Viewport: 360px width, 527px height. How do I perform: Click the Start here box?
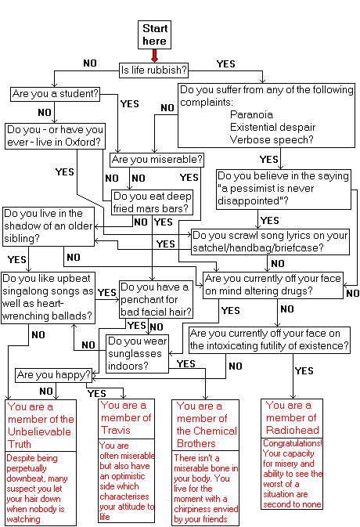pyautogui.click(x=154, y=34)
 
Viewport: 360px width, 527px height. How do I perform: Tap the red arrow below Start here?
pyautogui.click(x=154, y=56)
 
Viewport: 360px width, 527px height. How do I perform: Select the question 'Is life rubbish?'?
pyautogui.click(x=154, y=70)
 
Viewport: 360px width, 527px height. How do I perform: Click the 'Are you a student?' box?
pyautogui.click(x=56, y=94)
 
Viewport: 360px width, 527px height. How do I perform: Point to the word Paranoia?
pyautogui.click(x=251, y=114)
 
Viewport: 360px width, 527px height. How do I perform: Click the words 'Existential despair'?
pyautogui.click(x=272, y=127)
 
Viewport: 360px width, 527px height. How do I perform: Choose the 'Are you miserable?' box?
pyautogui.click(x=157, y=160)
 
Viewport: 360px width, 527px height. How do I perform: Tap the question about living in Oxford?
pyautogui.click(x=56, y=135)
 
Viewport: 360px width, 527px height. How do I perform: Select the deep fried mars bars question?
pyautogui.click(x=153, y=202)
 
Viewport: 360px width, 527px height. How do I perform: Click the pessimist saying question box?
pyautogui.click(x=283, y=190)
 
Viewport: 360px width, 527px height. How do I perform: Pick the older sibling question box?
pyautogui.click(x=49, y=226)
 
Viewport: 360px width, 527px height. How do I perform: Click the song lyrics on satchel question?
pyautogui.click(x=270, y=242)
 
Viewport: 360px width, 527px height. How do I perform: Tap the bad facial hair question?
pyautogui.click(x=157, y=299)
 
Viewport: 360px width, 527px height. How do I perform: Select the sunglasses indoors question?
pyautogui.click(x=137, y=354)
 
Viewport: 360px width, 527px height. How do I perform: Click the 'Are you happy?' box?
pyautogui.click(x=54, y=375)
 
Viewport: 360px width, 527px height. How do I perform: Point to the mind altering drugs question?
pyautogui.click(x=273, y=285)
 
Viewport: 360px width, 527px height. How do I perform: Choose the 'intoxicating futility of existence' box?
pyautogui.click(x=269, y=340)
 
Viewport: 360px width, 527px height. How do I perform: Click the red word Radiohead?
pyautogui.click(x=293, y=430)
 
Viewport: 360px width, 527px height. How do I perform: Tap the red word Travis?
pyautogui.click(x=116, y=431)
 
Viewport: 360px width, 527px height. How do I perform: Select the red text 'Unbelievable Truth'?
pyautogui.click(x=39, y=438)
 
